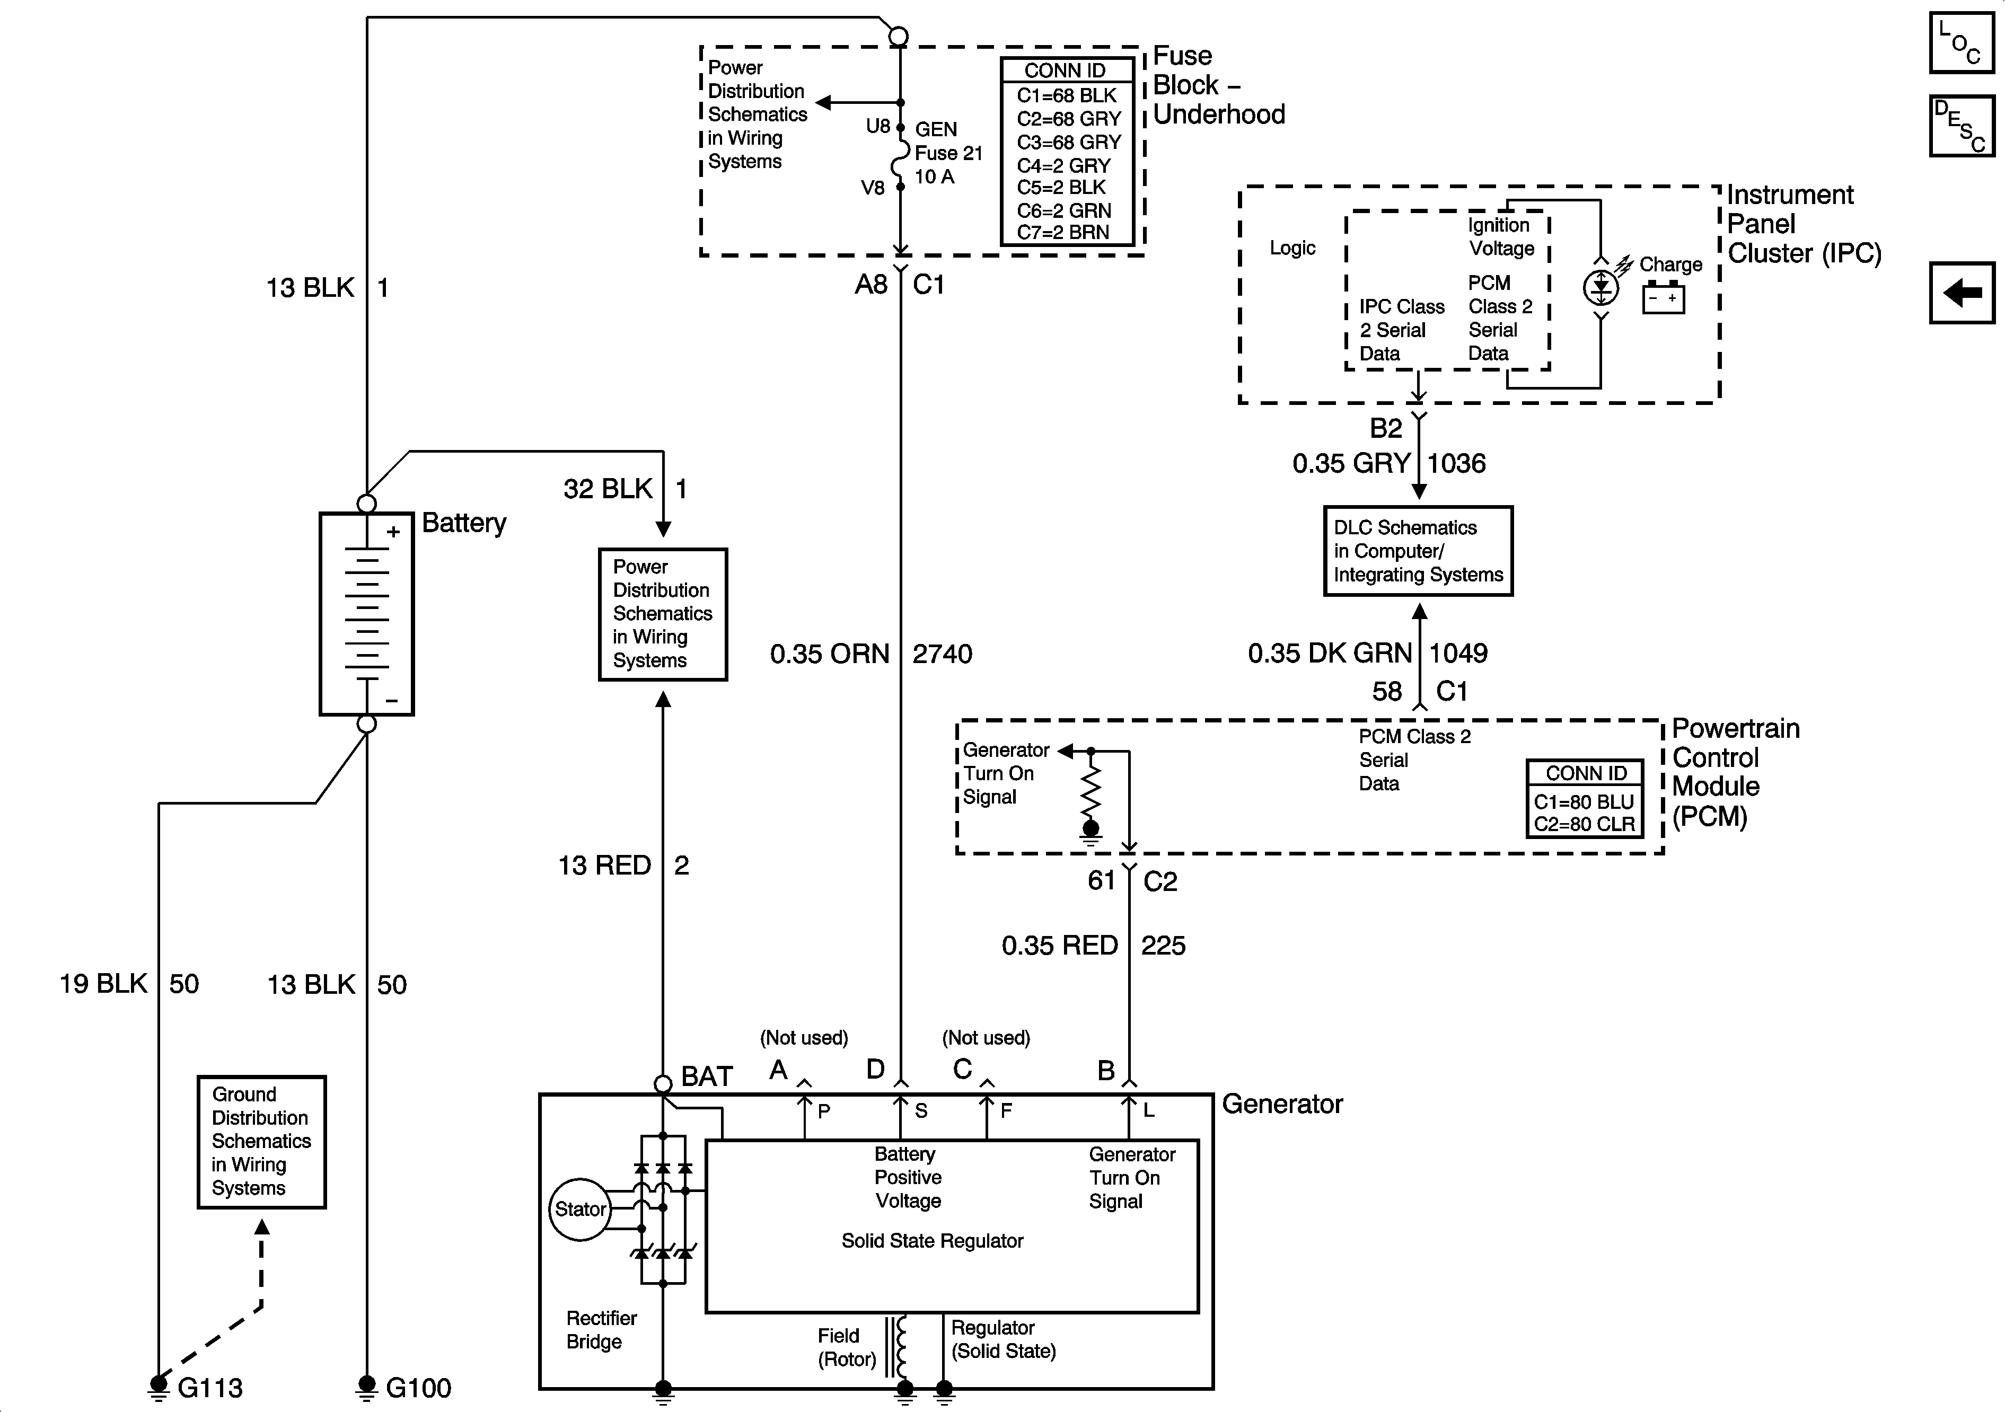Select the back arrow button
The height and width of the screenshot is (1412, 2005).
[x=1962, y=293]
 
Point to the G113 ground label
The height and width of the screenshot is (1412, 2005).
[x=209, y=1388]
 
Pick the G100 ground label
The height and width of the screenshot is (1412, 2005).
[x=418, y=1388]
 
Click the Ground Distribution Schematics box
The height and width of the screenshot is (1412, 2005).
[x=261, y=1141]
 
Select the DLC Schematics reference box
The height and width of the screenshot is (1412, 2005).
[x=1418, y=551]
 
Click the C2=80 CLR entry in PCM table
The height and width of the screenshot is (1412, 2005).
[x=1584, y=824]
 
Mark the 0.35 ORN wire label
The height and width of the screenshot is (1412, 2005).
[x=830, y=654]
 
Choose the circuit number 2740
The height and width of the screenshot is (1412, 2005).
[x=942, y=654]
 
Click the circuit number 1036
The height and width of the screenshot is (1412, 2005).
[x=1457, y=464]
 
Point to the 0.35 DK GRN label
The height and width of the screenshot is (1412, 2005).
[x=1329, y=653]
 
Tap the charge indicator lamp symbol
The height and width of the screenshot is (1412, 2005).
[x=1601, y=287]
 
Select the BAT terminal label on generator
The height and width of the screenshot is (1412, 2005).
[x=707, y=1076]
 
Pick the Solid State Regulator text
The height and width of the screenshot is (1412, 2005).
[x=932, y=1241]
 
